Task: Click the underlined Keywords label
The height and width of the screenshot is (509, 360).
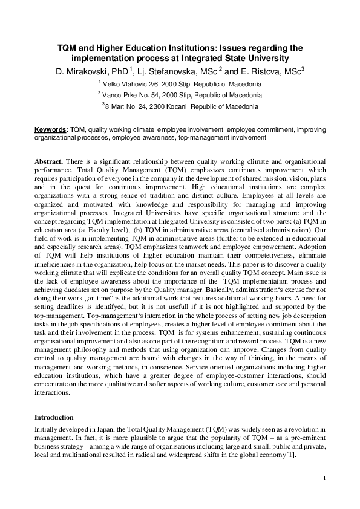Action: (51, 129)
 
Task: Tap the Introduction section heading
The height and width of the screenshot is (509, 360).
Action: (54, 417)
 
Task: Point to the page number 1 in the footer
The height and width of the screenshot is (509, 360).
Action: (325, 479)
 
